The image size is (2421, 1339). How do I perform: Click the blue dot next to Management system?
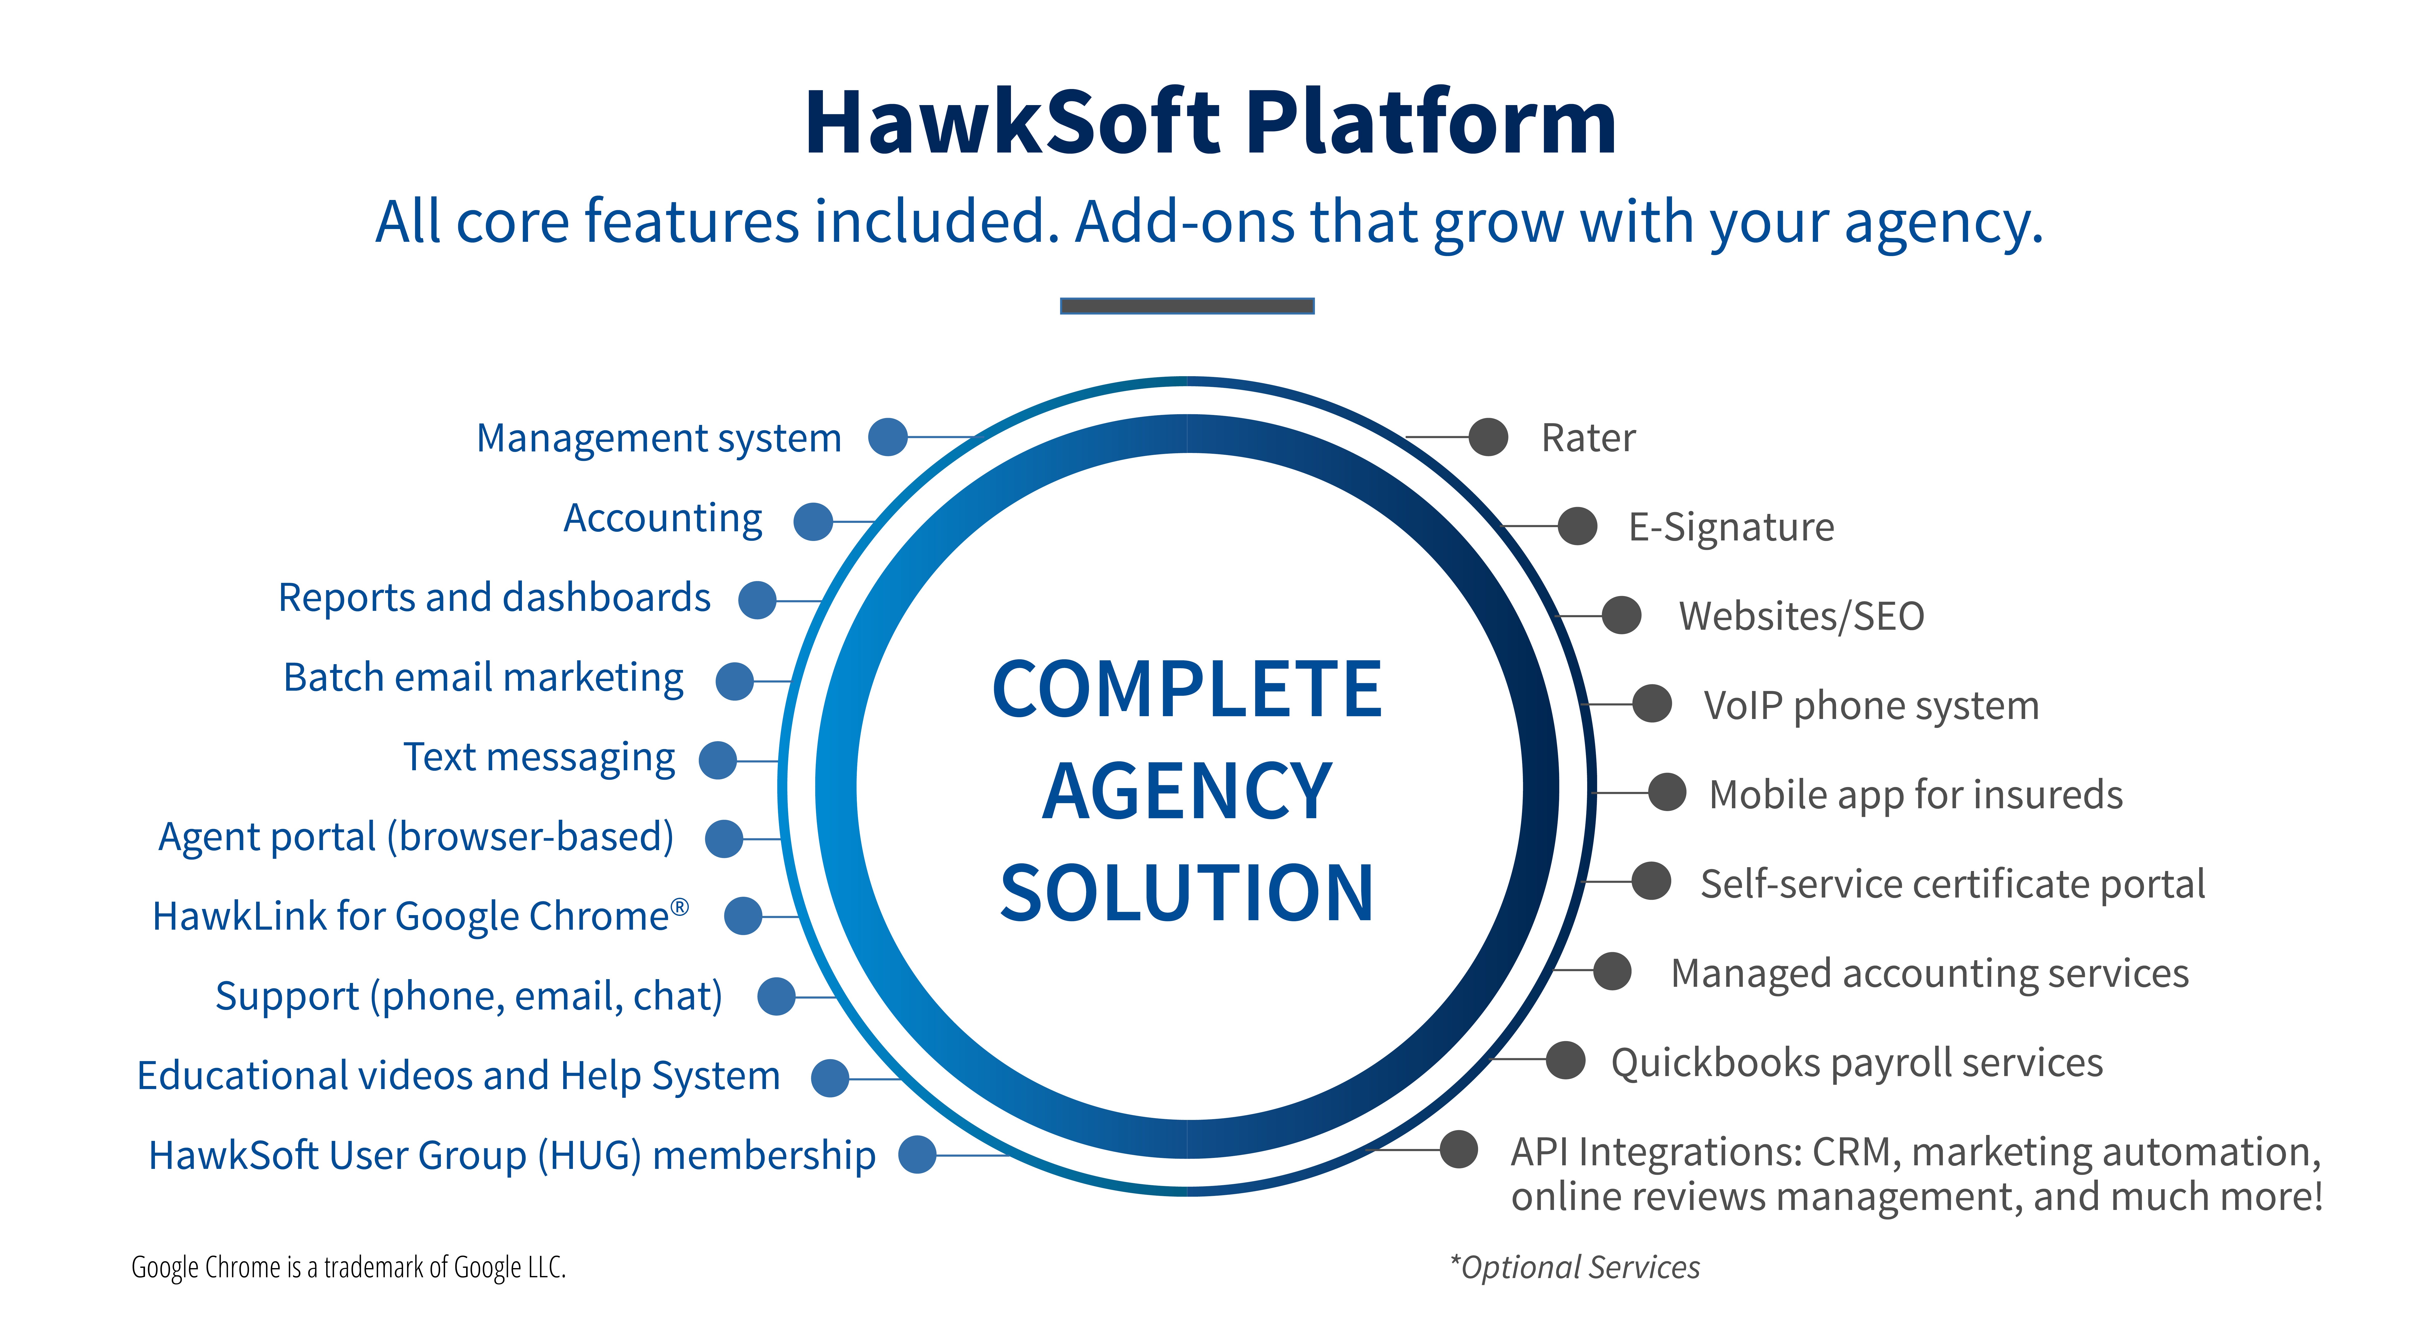pyautogui.click(x=887, y=437)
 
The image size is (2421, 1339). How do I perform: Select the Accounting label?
pyautogui.click(x=663, y=518)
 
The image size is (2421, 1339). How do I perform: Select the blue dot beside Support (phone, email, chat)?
pyautogui.click(x=776, y=996)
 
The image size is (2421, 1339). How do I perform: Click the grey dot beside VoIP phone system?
pyautogui.click(x=1651, y=703)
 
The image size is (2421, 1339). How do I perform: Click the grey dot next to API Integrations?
pyautogui.click(x=1459, y=1149)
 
